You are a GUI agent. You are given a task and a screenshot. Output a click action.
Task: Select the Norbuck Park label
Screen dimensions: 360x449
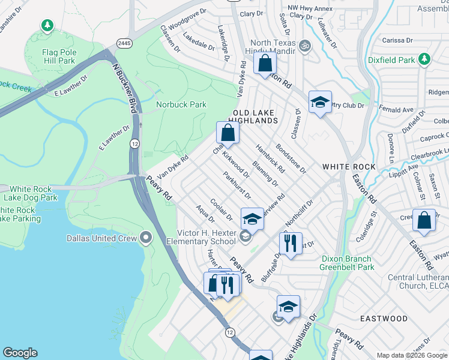(x=181, y=104)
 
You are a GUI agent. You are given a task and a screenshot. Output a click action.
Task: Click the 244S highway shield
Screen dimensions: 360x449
(x=124, y=43)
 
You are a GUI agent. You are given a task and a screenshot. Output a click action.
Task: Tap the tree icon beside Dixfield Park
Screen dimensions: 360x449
(x=424, y=59)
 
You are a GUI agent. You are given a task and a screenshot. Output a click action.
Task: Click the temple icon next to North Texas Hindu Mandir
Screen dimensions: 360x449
(x=304, y=46)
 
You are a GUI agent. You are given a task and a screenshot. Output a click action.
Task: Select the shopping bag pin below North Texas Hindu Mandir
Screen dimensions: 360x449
(x=265, y=63)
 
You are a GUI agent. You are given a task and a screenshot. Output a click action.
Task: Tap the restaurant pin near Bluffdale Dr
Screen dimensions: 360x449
(x=290, y=243)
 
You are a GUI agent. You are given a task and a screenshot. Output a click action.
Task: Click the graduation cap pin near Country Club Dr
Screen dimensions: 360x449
(x=321, y=101)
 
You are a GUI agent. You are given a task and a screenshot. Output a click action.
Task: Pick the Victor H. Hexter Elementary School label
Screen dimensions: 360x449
(x=206, y=237)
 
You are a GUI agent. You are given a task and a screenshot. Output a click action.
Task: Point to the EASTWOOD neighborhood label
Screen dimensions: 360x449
(x=383, y=319)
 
